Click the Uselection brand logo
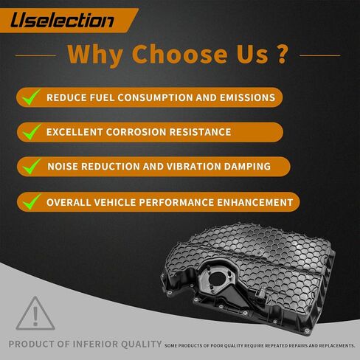[62, 20]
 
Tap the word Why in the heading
[95, 55]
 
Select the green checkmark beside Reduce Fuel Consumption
[31, 97]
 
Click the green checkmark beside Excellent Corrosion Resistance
[32, 132]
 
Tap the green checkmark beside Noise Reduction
[32, 167]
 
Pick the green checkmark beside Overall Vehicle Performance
[32, 202]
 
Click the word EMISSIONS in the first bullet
[247, 97]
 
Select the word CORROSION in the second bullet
[136, 132]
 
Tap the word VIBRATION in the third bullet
[194, 167]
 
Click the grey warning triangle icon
[35, 314]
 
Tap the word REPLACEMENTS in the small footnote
[336, 346]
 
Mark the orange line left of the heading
[35, 55]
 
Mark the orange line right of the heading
[320, 55]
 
